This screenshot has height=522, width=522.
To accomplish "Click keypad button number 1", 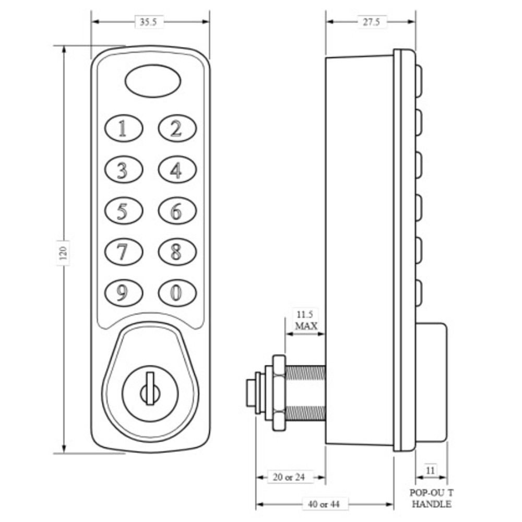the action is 124,128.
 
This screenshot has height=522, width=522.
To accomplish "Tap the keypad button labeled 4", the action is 177,170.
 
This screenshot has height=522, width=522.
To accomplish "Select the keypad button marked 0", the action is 177,293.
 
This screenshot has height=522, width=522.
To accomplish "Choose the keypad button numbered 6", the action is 177,211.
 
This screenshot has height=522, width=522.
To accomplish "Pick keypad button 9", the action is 124,293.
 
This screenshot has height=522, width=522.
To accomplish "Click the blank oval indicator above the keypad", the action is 153,81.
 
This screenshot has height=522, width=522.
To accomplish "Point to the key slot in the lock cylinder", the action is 150,388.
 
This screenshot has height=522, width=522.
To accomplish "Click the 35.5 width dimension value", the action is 148,22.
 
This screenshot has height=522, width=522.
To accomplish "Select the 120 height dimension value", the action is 63,253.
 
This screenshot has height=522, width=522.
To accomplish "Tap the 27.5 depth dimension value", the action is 372,22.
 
